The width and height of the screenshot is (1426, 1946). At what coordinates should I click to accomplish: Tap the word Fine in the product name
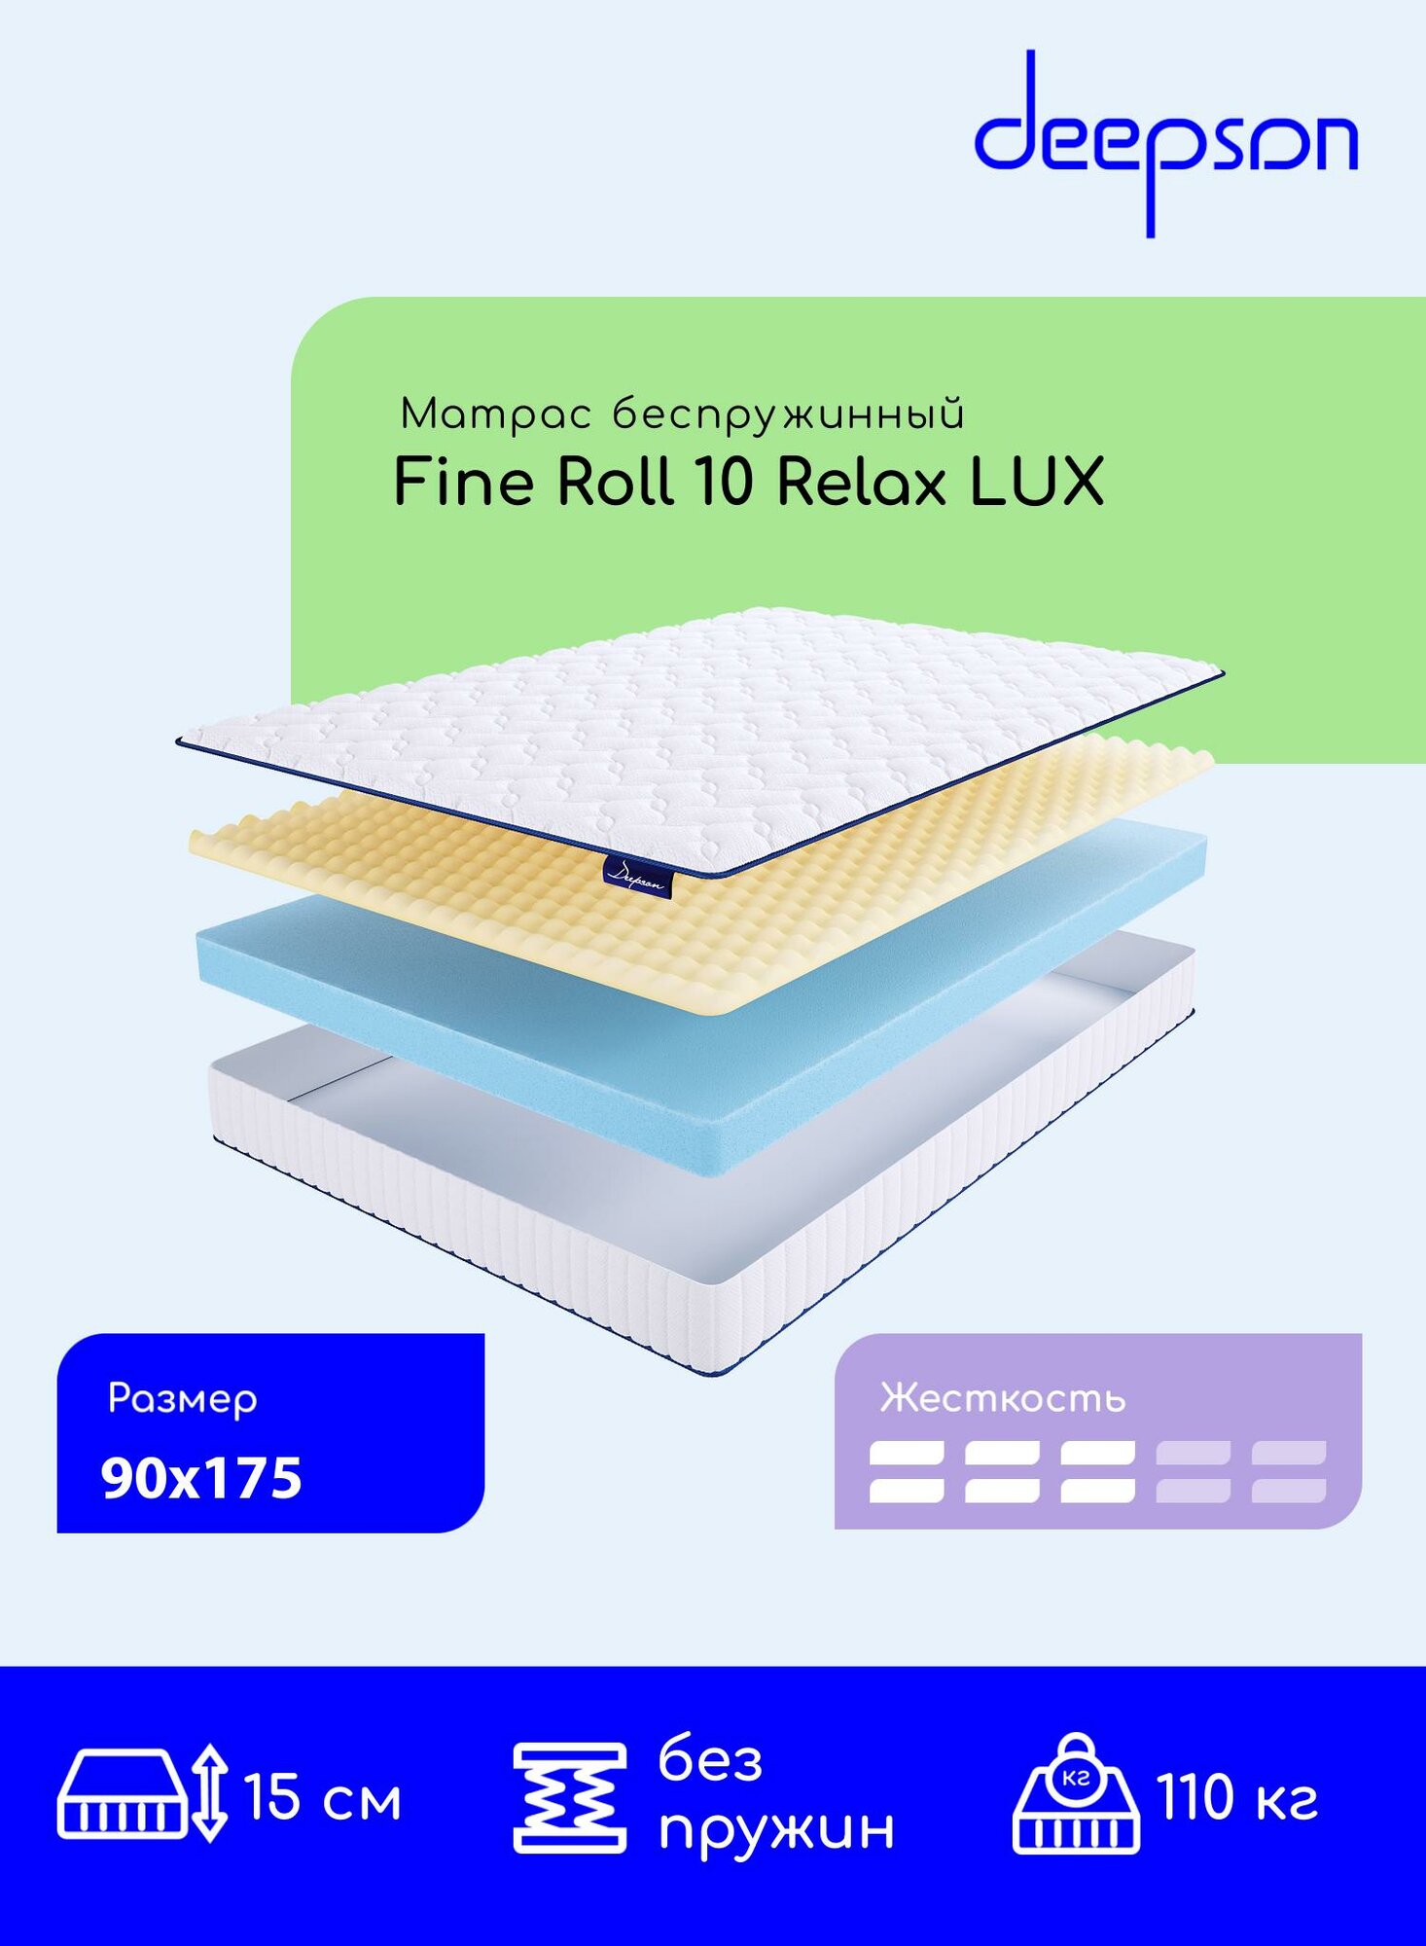463,482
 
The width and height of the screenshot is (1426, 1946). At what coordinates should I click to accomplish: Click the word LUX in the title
1037,482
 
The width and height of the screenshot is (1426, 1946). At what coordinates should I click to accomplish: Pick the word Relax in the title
861,482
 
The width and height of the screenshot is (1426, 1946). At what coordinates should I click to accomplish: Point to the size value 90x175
201,1478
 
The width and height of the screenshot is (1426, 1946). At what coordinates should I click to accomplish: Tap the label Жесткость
1003,1398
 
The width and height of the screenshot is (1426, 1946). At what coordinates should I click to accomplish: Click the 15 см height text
323,1798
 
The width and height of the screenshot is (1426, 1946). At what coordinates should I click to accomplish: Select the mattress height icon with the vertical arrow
143,1794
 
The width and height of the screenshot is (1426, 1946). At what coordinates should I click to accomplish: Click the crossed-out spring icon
569,1798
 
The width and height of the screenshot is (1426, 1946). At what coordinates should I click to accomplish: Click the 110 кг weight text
1237,1798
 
